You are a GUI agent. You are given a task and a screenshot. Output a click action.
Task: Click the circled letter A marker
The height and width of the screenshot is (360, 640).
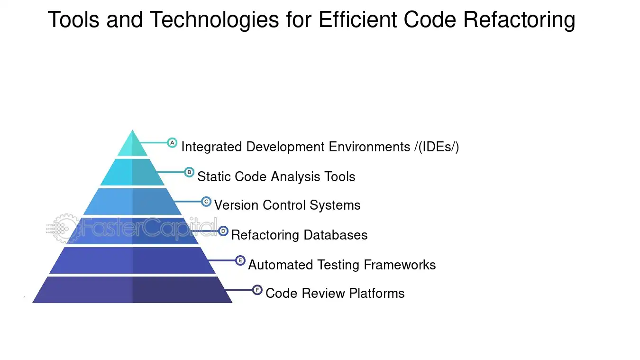172,143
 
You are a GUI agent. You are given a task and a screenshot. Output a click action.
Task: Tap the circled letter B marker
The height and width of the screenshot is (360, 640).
189,172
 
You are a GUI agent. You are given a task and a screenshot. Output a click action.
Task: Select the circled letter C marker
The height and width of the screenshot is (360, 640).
206,202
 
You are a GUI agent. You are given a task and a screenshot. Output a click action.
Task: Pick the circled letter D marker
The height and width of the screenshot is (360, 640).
223,231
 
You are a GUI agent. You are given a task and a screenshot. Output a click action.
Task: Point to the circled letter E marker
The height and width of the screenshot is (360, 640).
240,260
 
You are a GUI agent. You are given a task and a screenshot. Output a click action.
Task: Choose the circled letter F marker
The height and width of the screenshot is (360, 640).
257,290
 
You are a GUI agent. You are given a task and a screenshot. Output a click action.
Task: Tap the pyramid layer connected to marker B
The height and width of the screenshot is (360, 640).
132,172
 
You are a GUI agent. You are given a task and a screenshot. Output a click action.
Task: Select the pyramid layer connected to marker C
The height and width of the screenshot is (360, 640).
132,202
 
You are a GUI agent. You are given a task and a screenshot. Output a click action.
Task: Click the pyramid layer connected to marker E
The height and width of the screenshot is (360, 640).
132,260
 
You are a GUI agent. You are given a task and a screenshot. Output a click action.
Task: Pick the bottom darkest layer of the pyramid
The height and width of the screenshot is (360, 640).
132,290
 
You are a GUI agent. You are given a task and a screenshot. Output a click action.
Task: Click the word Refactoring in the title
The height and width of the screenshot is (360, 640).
519,20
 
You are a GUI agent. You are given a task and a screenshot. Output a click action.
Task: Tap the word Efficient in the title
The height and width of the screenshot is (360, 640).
357,19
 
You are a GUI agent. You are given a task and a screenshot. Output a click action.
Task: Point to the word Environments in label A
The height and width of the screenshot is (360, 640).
369,147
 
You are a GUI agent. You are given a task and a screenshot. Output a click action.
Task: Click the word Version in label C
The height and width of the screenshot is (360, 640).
236,205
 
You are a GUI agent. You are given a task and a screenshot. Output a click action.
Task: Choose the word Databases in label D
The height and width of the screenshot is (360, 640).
336,235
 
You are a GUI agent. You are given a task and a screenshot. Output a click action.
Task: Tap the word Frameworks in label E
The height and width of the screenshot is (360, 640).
400,265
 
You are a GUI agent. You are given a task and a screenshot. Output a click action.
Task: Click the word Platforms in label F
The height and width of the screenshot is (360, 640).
377,293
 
